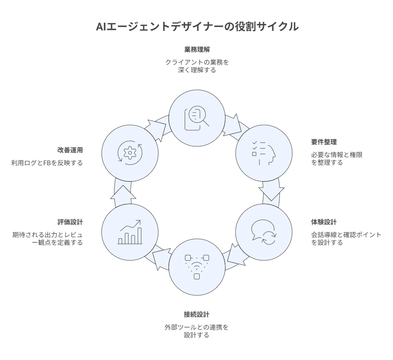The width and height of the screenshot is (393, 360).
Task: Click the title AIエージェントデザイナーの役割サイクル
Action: [x=197, y=27]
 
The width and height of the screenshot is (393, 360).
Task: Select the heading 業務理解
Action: [x=197, y=49]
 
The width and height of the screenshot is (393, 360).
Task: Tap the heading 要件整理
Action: [x=324, y=142]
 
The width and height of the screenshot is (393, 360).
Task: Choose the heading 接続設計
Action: [x=197, y=315]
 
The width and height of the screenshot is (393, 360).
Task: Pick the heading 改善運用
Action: [x=70, y=150]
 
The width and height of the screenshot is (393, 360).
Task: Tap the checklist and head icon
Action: [x=264, y=152]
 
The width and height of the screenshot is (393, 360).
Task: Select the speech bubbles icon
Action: [x=264, y=232]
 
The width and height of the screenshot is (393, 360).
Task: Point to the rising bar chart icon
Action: [x=129, y=232]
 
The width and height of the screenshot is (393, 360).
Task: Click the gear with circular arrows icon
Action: [x=130, y=152]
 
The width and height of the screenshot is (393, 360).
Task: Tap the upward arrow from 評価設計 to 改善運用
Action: [x=122, y=191]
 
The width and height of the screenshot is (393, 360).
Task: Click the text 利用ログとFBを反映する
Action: [x=47, y=163]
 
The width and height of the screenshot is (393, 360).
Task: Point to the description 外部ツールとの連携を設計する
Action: [x=197, y=331]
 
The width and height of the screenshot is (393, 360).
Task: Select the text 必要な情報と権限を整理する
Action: [x=336, y=158]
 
